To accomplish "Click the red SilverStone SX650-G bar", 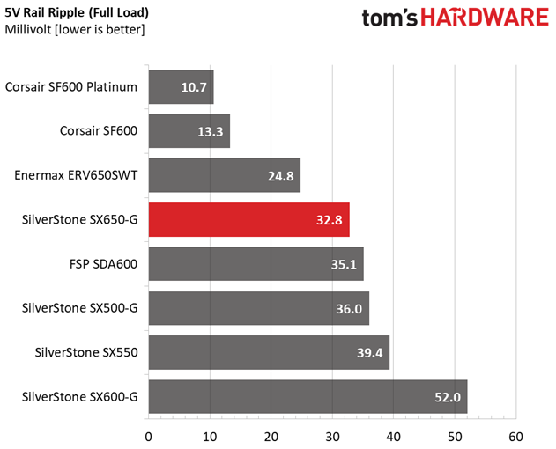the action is [x=249, y=220].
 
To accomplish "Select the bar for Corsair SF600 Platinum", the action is [x=182, y=87].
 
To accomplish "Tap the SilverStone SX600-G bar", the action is [x=308, y=396].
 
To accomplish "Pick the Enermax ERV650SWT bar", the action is [x=225, y=175].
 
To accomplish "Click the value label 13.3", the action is [x=211, y=132].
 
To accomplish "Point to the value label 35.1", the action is [x=344, y=264].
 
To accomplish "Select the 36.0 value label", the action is [x=349, y=309].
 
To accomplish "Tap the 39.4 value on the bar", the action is [x=369, y=353].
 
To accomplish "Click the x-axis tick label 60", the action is [x=515, y=437].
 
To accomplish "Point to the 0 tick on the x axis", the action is [x=149, y=437].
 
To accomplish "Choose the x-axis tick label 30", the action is [x=332, y=437].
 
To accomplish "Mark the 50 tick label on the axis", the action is [x=455, y=437].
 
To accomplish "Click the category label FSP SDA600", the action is [x=104, y=264].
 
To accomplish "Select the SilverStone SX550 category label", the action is [x=86, y=352].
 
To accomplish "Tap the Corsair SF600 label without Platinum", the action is [x=99, y=131].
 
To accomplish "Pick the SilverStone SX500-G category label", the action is [x=80, y=308].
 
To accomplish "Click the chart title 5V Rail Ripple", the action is [x=44, y=12].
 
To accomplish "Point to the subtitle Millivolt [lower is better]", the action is [x=75, y=29].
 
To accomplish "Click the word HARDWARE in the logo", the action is [x=485, y=18].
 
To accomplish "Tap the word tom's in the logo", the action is [x=389, y=18].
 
